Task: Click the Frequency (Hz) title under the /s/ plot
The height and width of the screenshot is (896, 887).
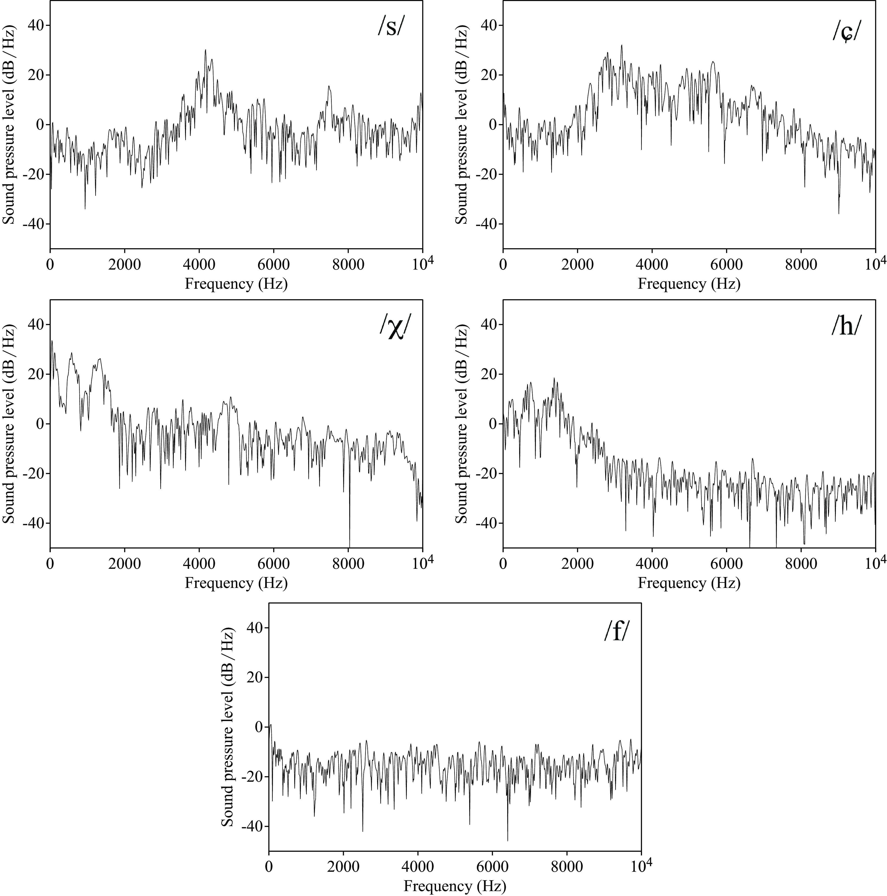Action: pyautogui.click(x=236, y=283)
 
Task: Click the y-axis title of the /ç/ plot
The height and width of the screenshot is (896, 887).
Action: pyautogui.click(x=462, y=124)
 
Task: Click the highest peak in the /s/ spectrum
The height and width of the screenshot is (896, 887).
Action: pyautogui.click(x=205, y=50)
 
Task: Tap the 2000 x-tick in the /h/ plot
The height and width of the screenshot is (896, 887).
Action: pyautogui.click(x=578, y=564)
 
